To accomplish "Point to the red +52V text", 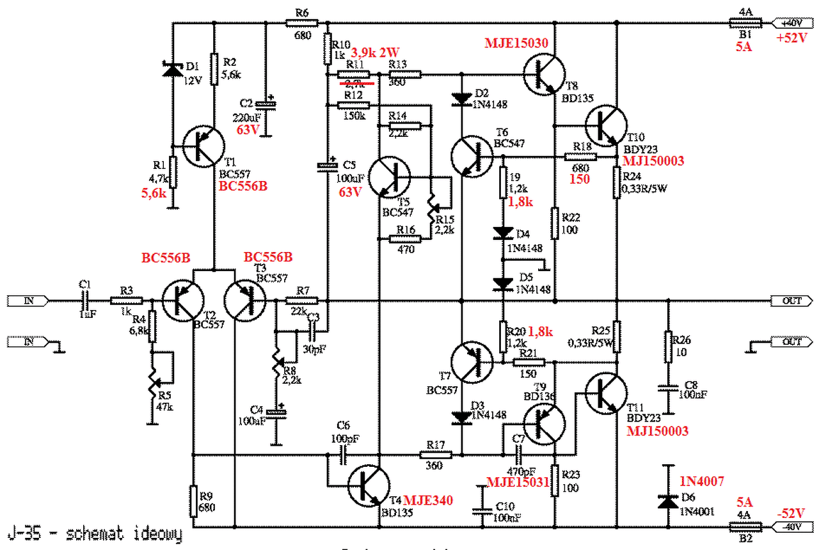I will tap(792, 38).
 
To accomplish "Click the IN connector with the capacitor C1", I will tap(28, 300).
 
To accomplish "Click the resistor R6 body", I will tap(302, 24).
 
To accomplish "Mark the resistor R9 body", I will tap(193, 501).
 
